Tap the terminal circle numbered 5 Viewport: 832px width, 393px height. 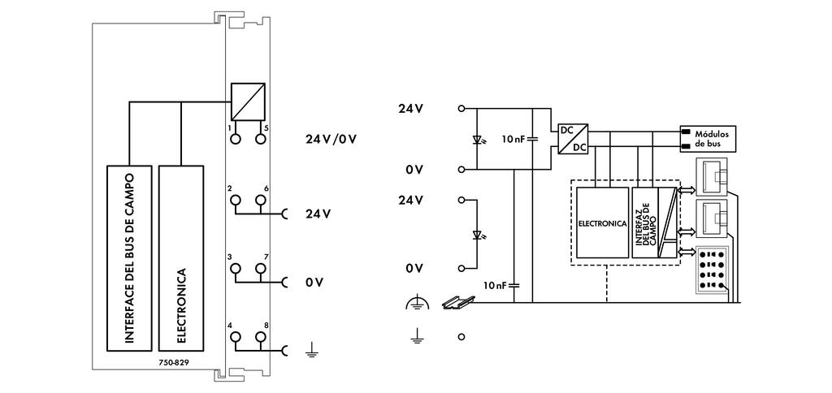point(260,140)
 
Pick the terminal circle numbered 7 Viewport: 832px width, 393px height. point(260,268)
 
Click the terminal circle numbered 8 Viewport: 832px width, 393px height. point(260,336)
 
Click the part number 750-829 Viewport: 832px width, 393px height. point(174,362)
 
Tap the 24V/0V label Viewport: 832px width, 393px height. point(331,138)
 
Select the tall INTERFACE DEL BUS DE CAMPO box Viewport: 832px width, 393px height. point(130,257)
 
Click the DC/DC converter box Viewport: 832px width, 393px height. point(573,138)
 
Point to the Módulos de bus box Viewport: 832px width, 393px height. point(708,139)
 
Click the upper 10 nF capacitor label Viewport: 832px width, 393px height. point(514,139)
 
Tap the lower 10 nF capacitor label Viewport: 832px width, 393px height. point(496,285)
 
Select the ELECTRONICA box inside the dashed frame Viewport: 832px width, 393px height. point(601,222)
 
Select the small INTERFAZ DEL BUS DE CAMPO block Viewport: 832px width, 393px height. point(647,222)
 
